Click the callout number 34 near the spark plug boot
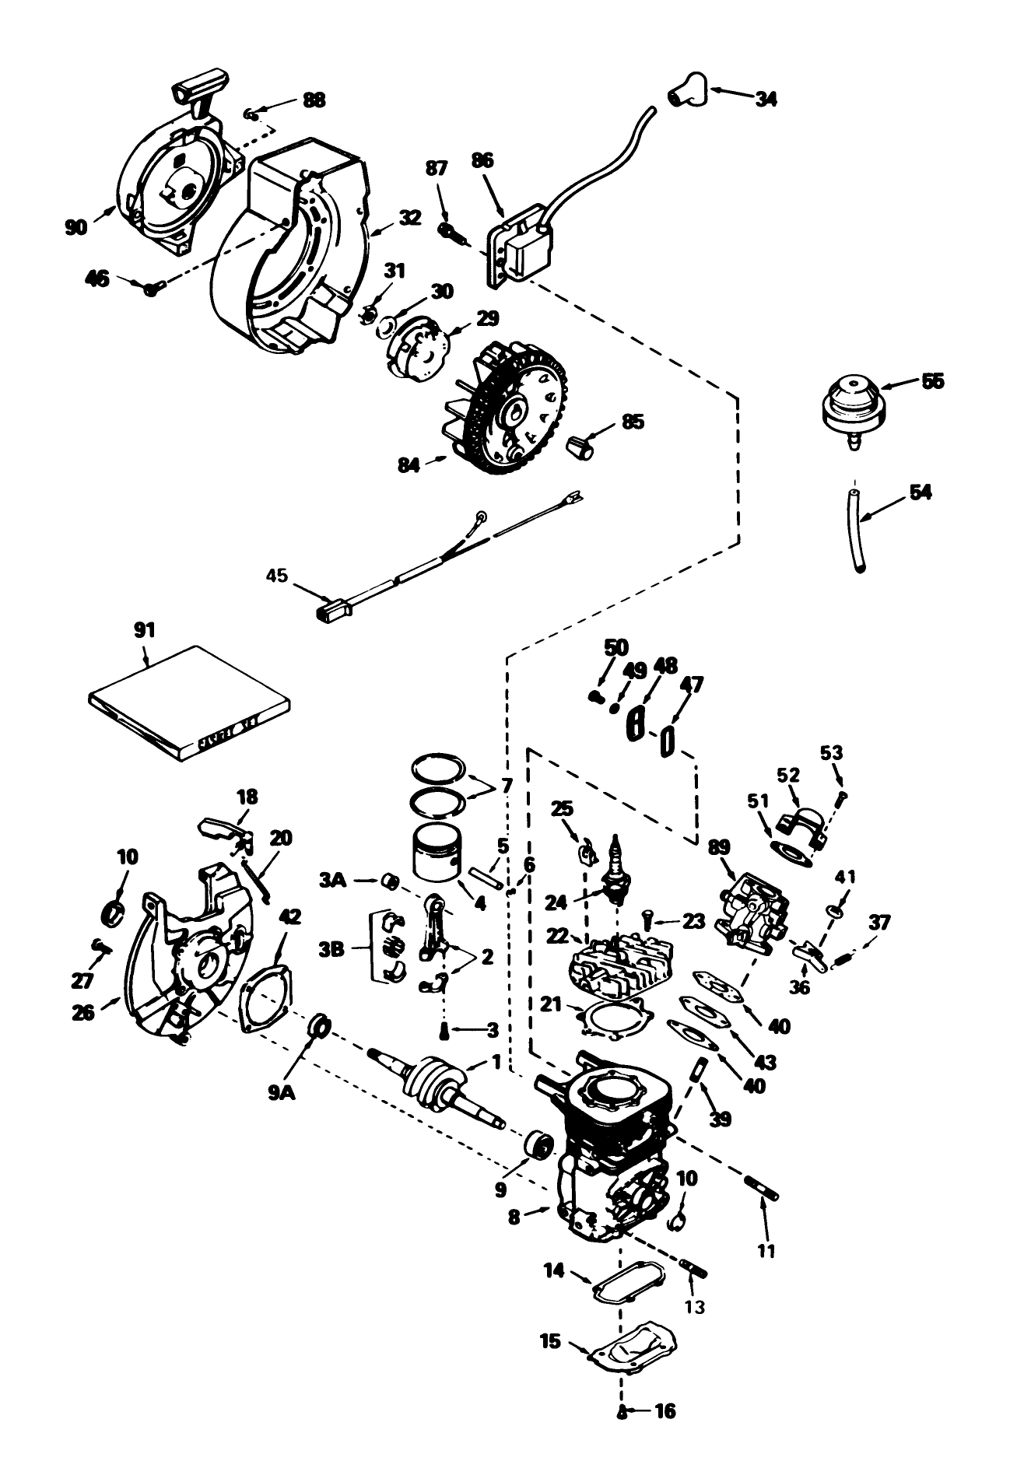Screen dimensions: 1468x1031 (x=766, y=99)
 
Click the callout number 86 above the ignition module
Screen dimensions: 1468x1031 (x=482, y=161)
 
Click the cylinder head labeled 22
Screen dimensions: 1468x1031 (x=615, y=965)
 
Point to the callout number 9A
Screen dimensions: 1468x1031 (x=282, y=1093)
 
